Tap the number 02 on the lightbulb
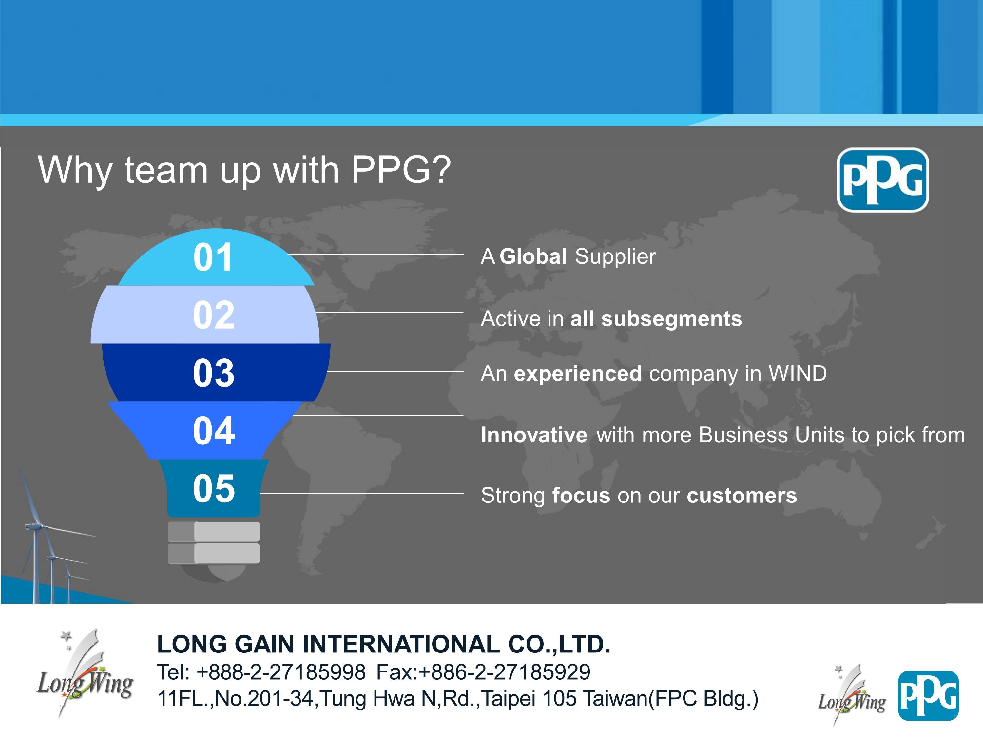(x=214, y=315)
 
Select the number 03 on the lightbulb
(x=214, y=373)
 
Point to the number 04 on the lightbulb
(x=214, y=430)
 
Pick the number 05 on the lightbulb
(x=214, y=488)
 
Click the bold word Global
(x=533, y=256)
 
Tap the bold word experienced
(x=578, y=374)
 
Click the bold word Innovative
(x=534, y=435)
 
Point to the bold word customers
(x=742, y=496)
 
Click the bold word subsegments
(x=671, y=319)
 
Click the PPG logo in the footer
(x=928, y=696)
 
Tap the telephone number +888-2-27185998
(x=281, y=672)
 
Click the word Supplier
(x=615, y=257)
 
